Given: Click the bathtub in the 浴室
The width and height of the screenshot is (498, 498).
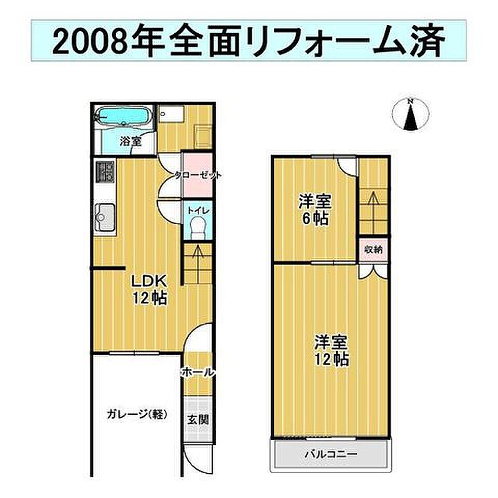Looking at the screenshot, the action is click(x=123, y=117).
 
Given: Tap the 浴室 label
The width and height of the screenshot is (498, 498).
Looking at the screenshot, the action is click(x=131, y=141).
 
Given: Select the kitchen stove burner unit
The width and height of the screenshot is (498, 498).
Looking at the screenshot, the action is click(x=105, y=172).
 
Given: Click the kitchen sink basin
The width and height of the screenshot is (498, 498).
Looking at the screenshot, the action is click(x=105, y=217).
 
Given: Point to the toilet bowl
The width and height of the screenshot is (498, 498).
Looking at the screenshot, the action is click(x=198, y=227).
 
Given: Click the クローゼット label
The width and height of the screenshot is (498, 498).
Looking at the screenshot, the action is click(x=198, y=175).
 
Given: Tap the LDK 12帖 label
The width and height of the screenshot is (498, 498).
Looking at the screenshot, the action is click(x=149, y=289).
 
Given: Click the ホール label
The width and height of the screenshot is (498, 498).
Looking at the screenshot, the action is click(x=198, y=372).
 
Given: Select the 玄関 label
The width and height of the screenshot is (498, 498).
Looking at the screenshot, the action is click(x=198, y=420).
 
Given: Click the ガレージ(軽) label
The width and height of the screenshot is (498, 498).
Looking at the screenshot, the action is click(x=137, y=414).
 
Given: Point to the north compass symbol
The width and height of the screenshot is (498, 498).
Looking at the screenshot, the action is click(x=411, y=114).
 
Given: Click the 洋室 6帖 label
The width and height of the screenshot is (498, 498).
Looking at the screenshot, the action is click(x=314, y=210).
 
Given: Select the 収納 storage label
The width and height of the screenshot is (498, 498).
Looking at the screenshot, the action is click(x=373, y=250).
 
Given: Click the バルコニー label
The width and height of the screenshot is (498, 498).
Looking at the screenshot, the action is click(x=331, y=454).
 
